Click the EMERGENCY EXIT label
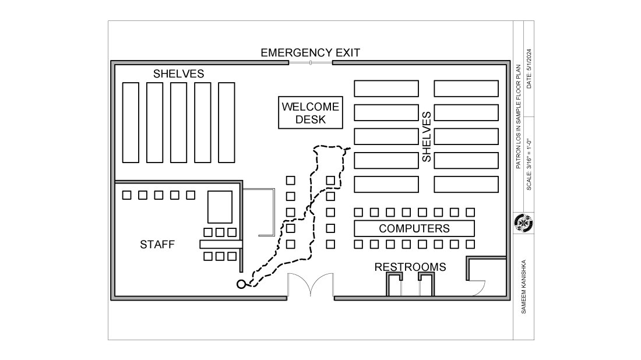(310, 52)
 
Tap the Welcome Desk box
(309, 113)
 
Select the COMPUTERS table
(414, 228)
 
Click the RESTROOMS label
(410, 267)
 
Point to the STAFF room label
(157, 245)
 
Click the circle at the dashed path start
(241, 284)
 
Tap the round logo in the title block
(524, 223)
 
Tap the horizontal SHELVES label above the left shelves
(178, 74)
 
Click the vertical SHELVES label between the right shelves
(426, 136)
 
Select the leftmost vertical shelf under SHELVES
(131, 122)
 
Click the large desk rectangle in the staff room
(220, 206)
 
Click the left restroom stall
(395, 285)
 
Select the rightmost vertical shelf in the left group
(226, 122)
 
